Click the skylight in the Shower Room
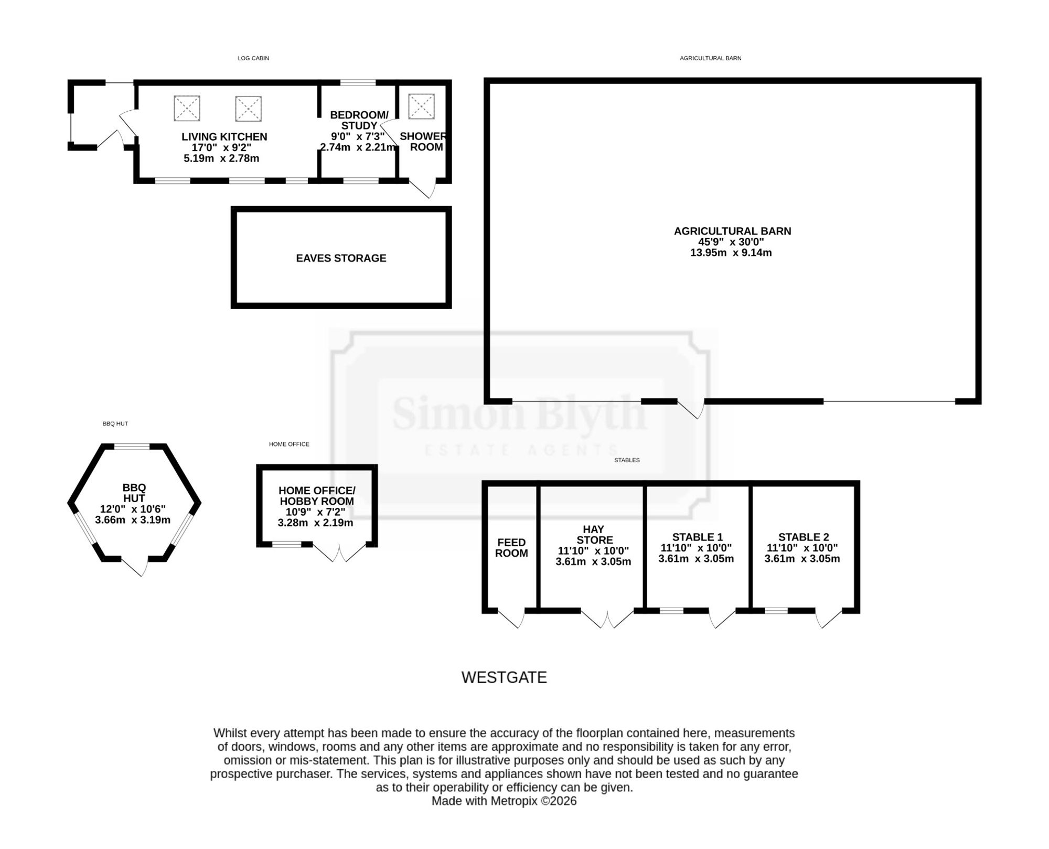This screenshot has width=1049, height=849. click(421, 107)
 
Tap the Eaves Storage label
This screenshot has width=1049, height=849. click(341, 258)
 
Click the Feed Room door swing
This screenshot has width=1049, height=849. click(511, 618)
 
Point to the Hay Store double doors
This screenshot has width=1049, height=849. click(607, 619)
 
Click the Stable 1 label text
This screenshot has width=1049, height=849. click(697, 537)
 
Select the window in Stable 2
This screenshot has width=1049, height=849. click(776, 611)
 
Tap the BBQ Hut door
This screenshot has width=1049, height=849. click(135, 567)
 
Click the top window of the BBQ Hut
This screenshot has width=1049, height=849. click(132, 447)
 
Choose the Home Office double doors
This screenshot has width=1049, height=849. click(339, 553)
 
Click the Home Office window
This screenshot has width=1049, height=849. click(286, 544)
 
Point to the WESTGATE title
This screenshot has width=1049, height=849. click(504, 677)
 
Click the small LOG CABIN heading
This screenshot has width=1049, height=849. click(253, 58)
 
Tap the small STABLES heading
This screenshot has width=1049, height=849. click(627, 460)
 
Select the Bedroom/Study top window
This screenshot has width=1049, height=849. click(358, 82)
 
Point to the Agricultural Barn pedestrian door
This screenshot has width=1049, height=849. click(691, 409)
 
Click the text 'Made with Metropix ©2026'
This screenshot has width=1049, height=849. click(504, 801)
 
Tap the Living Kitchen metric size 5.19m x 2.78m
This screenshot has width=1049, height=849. click(221, 158)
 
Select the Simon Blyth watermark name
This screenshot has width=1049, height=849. click(519, 413)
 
